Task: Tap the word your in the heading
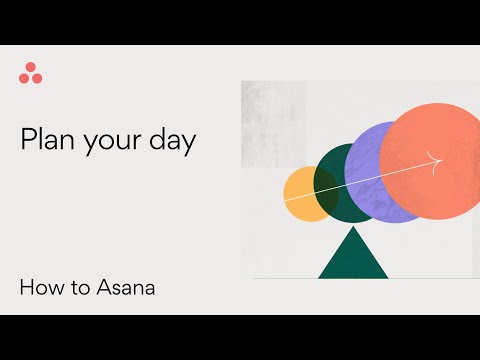[110, 141]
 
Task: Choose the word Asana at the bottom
[126, 289]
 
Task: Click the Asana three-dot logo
[31, 74]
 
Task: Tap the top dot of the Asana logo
[31, 68]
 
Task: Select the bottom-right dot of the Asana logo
[37, 78]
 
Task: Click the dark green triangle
[353, 258]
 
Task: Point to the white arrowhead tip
[441, 158]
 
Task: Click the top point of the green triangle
[353, 229]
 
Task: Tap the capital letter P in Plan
[28, 139]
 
